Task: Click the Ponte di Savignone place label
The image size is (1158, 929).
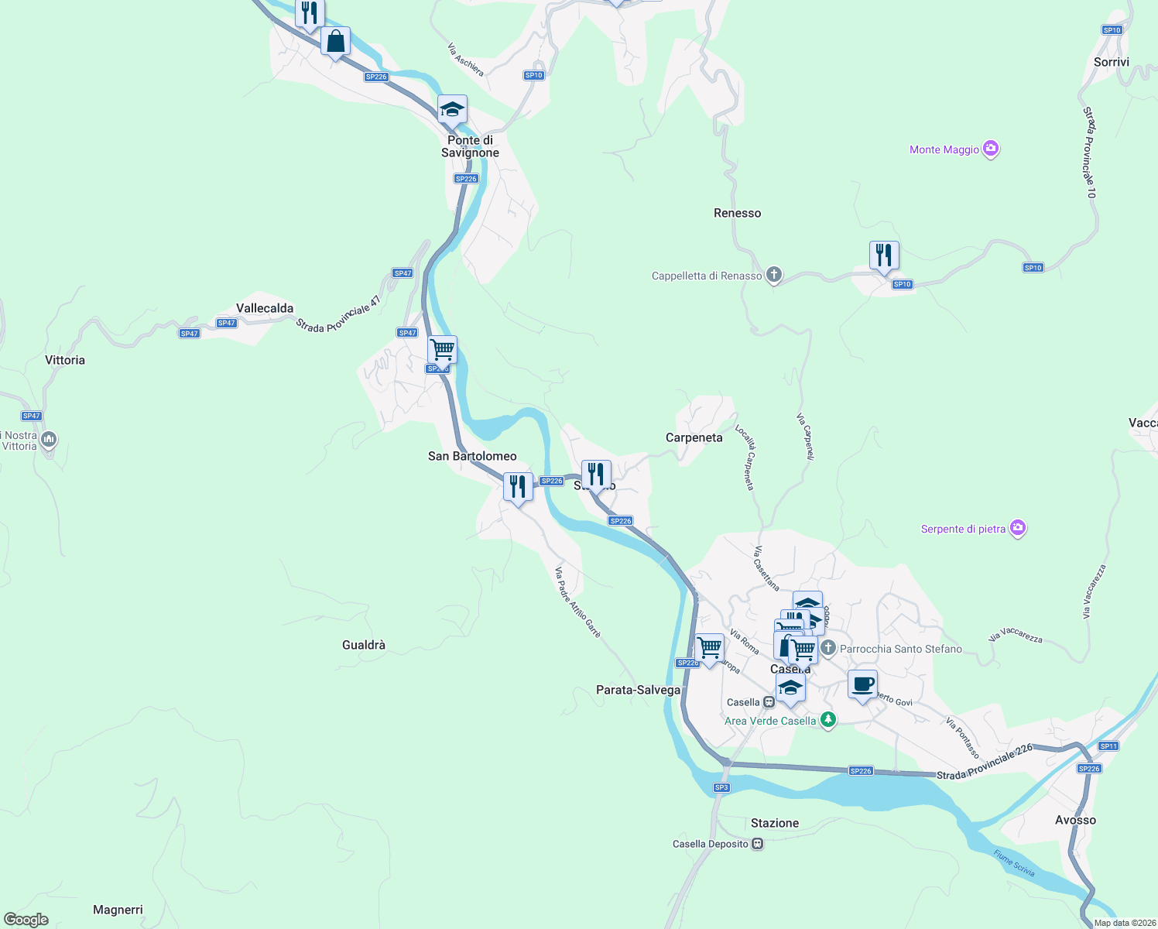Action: pyautogui.click(x=470, y=146)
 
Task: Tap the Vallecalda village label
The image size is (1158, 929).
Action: pyautogui.click(x=265, y=308)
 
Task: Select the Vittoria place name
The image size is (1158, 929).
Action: pyautogui.click(x=65, y=360)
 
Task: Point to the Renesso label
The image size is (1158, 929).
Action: pyautogui.click(x=737, y=213)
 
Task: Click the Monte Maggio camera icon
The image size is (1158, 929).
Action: pyautogui.click(x=991, y=149)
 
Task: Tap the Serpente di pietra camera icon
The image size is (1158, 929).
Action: pyautogui.click(x=1018, y=528)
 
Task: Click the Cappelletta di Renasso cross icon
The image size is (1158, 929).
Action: pyautogui.click(x=773, y=275)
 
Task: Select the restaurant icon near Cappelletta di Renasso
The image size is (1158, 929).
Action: pyautogui.click(x=883, y=255)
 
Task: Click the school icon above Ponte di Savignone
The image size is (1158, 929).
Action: pyautogui.click(x=452, y=110)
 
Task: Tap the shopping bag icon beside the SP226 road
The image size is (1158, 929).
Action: pyautogui.click(x=335, y=42)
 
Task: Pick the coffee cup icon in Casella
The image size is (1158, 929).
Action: pyautogui.click(x=862, y=684)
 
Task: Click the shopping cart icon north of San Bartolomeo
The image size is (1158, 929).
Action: pyautogui.click(x=442, y=350)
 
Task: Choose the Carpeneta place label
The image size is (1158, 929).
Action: pyautogui.click(x=694, y=437)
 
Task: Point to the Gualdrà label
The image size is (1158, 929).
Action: pyautogui.click(x=363, y=645)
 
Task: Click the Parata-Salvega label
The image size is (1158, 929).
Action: pyautogui.click(x=638, y=690)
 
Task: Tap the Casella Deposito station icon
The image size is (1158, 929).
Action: pyautogui.click(x=758, y=844)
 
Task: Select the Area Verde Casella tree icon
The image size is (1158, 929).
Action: pyautogui.click(x=828, y=720)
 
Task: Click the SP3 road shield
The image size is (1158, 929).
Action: pyautogui.click(x=721, y=787)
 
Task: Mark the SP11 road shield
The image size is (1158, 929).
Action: pyautogui.click(x=1108, y=746)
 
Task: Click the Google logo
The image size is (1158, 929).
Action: pyautogui.click(x=26, y=920)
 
